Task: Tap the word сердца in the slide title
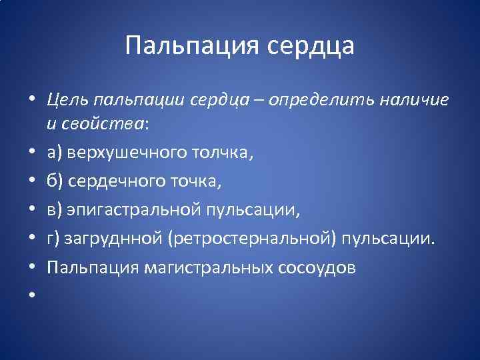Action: coord(311,46)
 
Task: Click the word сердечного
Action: coord(119,182)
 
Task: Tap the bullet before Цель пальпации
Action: coord(31,101)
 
